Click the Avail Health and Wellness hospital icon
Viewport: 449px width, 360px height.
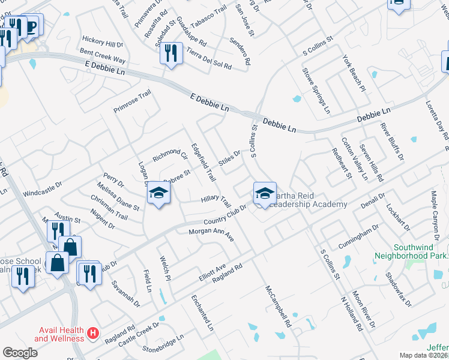93,332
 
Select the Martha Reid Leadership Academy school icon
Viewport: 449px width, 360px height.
265,193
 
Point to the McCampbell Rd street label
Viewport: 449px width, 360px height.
278,305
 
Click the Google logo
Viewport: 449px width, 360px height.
20,352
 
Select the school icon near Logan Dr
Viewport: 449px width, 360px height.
158,193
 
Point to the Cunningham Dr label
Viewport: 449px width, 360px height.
358,236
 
